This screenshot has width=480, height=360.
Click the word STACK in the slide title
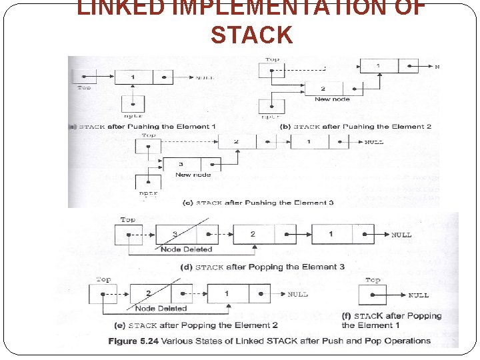tap(251, 35)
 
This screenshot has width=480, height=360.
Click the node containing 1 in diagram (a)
tap(143, 77)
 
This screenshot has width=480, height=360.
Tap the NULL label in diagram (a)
tap(205, 78)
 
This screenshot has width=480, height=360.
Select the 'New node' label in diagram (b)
tap(333, 99)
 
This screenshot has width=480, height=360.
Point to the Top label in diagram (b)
tap(272, 60)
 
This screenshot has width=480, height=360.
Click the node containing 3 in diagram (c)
tap(192, 164)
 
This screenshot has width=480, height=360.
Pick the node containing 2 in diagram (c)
tap(247, 142)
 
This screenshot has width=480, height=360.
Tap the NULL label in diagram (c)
tap(373, 143)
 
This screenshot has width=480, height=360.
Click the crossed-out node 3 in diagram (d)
tap(187, 235)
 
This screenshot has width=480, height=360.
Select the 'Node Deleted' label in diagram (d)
tap(186, 249)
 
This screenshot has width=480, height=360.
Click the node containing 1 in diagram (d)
tap(342, 235)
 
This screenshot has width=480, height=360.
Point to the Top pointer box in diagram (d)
tap(129, 235)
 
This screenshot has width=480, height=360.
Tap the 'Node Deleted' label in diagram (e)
tap(161, 309)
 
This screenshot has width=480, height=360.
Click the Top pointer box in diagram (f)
tap(373, 295)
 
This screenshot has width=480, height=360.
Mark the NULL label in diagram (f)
tap(418, 295)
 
